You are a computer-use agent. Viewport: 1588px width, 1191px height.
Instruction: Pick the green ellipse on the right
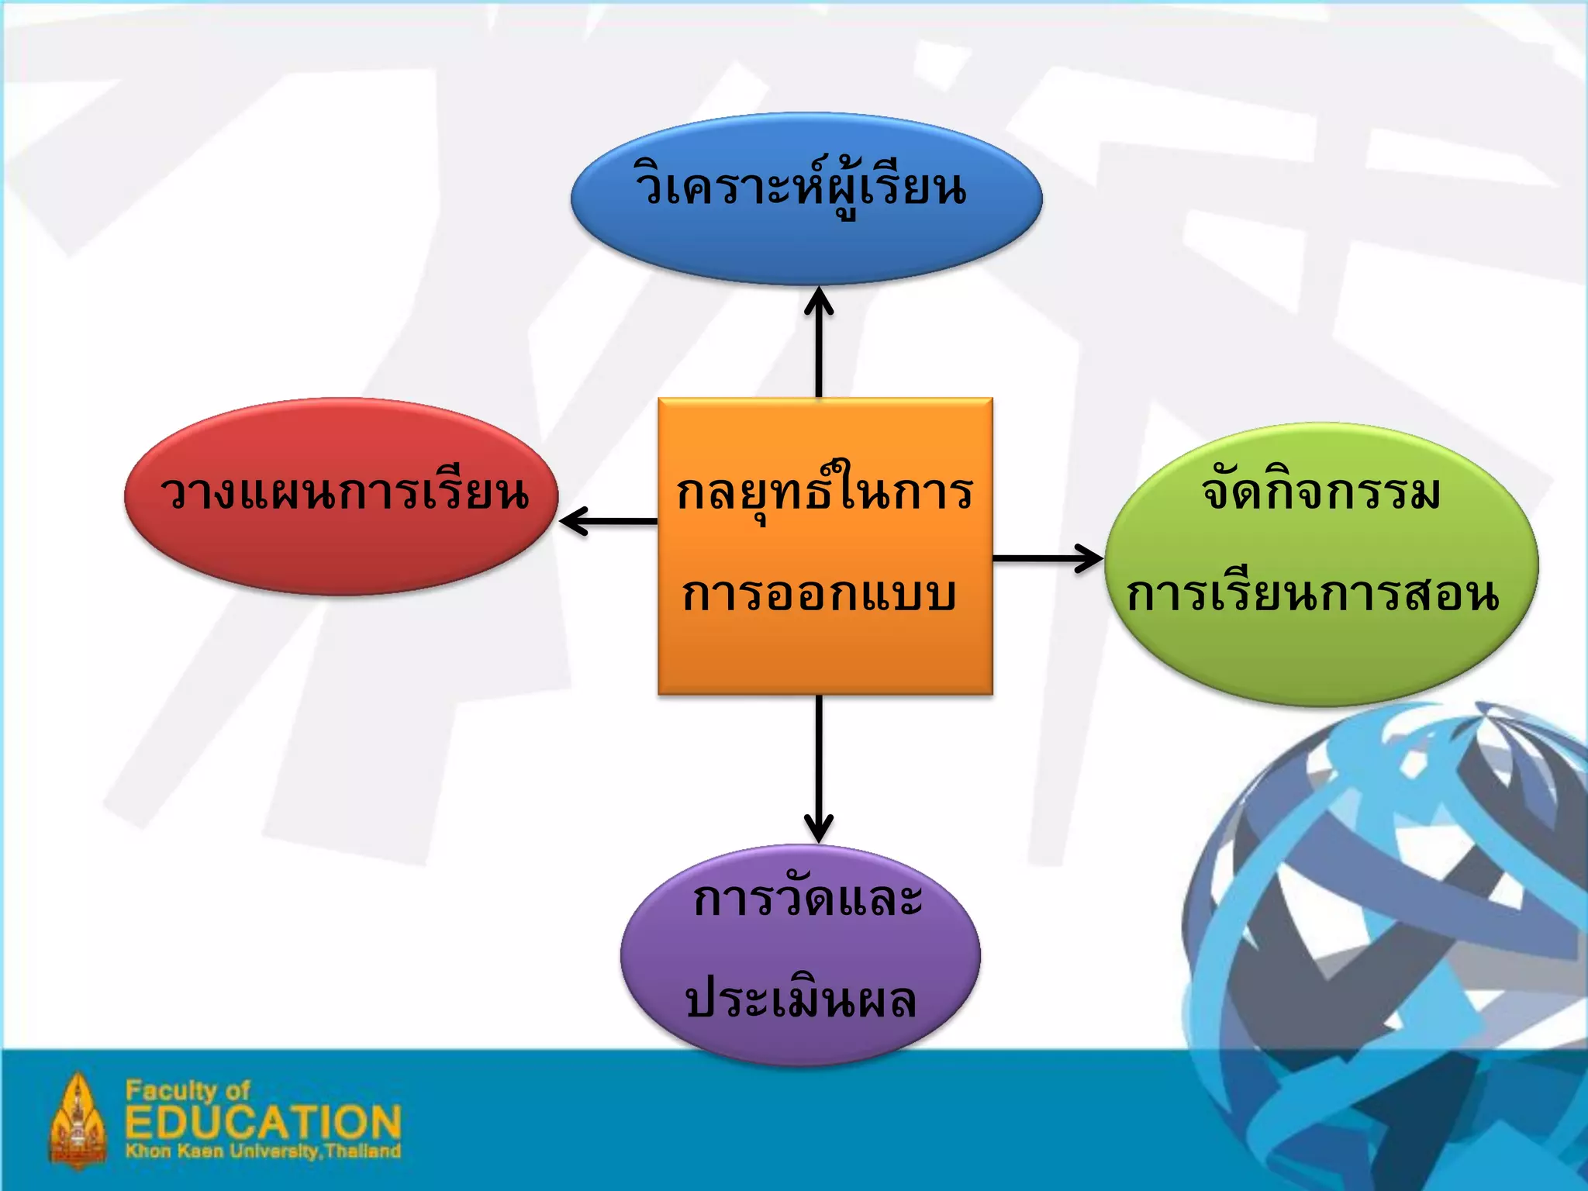pos(1321,659)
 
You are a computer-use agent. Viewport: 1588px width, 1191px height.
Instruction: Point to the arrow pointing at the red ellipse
pos(609,521)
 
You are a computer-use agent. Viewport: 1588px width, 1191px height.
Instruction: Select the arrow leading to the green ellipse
pos(1047,558)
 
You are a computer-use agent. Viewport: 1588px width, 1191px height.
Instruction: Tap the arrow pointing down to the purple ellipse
pos(819,768)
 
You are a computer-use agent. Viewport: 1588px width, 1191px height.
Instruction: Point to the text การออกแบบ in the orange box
pos(819,595)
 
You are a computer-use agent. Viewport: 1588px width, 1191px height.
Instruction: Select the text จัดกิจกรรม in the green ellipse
pos(1321,492)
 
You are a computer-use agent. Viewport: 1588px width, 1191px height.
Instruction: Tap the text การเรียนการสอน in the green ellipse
pos(1313,595)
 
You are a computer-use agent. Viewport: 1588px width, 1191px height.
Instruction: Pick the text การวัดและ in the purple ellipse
pos(808,899)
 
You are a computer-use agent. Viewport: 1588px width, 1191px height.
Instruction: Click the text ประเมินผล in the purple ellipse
pos(801,1000)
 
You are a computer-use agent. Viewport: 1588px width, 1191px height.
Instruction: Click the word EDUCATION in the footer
pos(264,1122)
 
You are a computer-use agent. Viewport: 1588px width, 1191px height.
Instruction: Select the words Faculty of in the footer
pos(188,1090)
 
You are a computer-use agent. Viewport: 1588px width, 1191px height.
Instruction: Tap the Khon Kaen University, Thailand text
pos(264,1151)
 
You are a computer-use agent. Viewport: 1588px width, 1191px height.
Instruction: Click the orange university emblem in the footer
pos(78,1120)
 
